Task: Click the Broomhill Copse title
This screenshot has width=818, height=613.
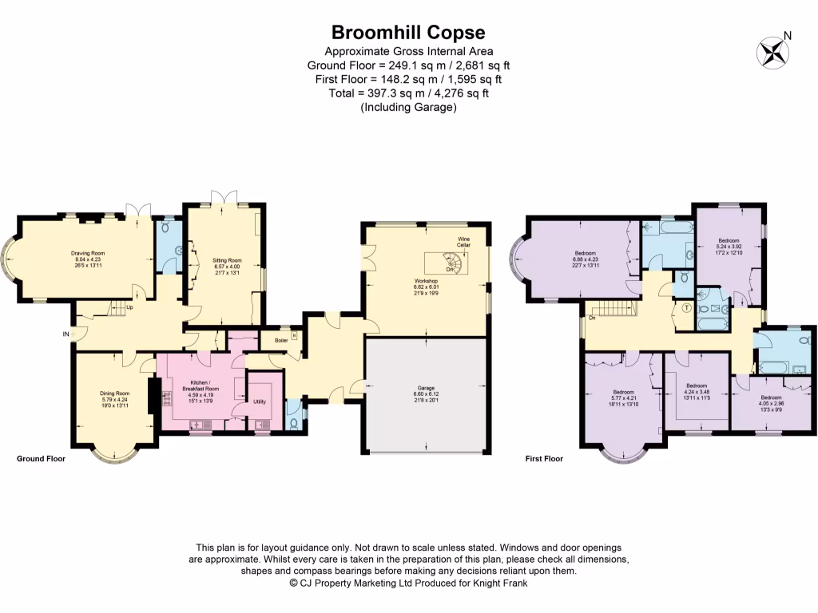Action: click(408, 33)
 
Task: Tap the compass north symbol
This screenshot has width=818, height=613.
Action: click(772, 52)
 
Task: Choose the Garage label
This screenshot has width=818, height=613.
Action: click(425, 393)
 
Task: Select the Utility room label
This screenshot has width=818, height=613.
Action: click(260, 401)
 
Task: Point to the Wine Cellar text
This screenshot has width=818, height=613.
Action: click(463, 242)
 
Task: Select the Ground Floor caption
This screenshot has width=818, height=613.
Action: click(41, 459)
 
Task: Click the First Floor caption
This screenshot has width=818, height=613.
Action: click(544, 459)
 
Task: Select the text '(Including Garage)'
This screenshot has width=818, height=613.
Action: click(408, 107)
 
